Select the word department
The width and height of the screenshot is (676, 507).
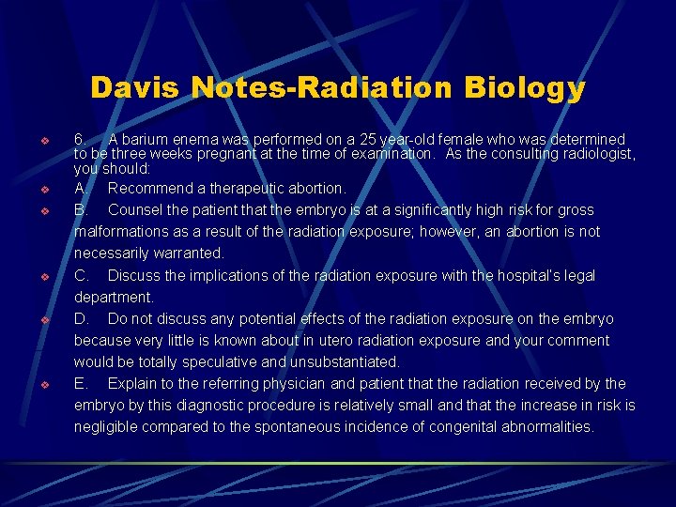113,297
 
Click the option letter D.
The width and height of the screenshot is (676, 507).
81,318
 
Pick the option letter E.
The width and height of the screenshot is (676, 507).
81,383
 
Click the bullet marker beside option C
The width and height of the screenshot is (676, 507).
43,276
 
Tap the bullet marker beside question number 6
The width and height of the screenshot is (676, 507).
43,140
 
